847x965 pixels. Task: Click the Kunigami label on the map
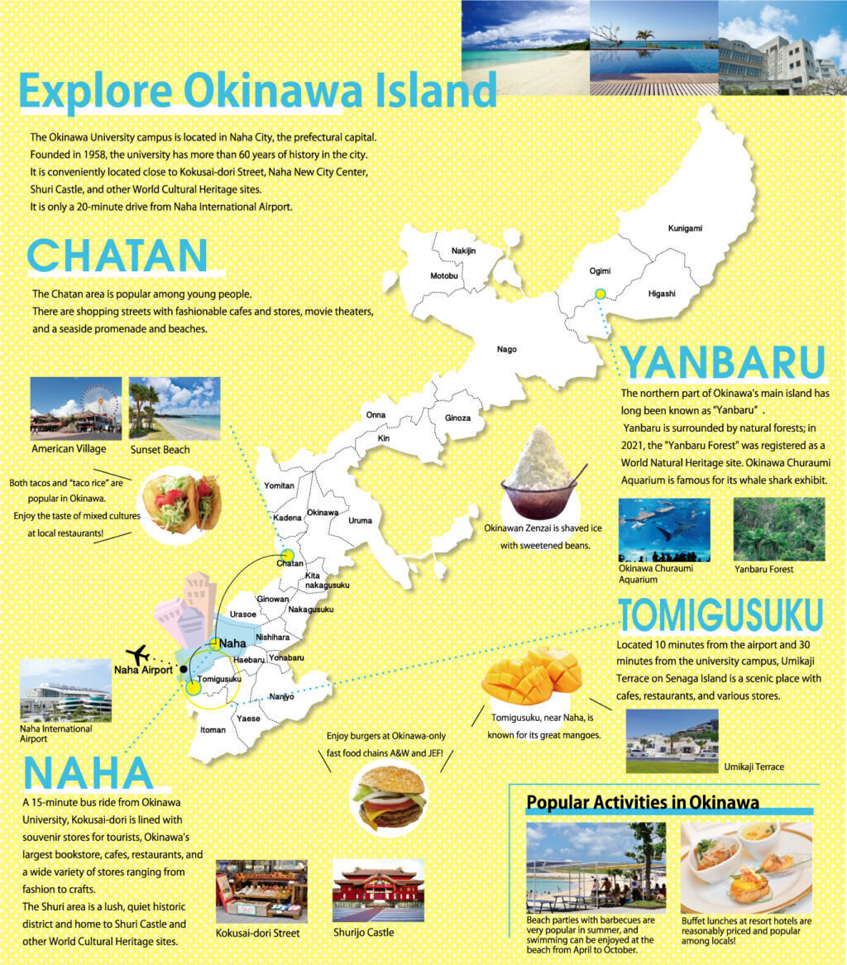pos(685,228)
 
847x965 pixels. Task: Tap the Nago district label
pos(506,349)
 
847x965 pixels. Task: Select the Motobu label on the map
pos(443,275)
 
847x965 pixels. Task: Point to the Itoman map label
pos(213,730)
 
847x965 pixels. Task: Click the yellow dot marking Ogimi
pos(601,293)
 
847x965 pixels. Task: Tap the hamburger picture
pos(388,795)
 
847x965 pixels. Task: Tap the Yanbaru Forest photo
pos(778,529)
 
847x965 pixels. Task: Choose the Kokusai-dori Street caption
pos(257,934)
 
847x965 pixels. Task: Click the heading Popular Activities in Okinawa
pos(643,802)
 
